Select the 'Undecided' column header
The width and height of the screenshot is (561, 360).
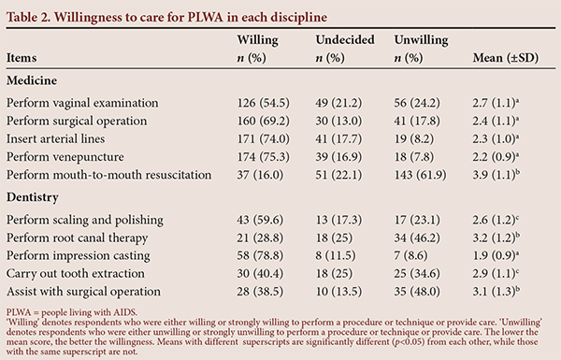point(345,39)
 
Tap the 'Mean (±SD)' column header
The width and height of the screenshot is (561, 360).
point(505,58)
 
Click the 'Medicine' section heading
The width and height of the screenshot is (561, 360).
point(32,80)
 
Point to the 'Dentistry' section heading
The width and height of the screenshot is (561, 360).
point(32,197)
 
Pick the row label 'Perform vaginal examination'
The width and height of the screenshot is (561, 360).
point(82,103)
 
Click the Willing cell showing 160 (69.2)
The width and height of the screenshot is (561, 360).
point(263,121)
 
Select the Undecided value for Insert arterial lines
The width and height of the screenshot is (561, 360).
point(338,138)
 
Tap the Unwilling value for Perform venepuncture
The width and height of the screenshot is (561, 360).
point(414,157)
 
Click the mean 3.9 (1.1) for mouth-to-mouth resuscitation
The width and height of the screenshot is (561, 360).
point(496,175)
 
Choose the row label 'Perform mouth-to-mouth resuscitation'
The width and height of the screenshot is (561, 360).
point(108,175)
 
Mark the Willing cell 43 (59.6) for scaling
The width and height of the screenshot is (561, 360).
point(260,220)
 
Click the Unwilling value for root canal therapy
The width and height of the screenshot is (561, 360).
point(417,238)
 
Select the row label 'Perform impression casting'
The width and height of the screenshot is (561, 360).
point(78,256)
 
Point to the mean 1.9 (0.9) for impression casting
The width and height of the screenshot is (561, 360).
point(496,255)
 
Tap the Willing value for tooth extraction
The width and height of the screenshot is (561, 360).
point(260,273)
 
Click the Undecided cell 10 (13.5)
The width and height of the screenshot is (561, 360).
point(338,292)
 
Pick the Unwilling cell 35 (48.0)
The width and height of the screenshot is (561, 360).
point(417,292)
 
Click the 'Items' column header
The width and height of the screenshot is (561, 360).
point(22,58)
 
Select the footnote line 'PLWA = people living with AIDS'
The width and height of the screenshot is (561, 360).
point(72,312)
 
